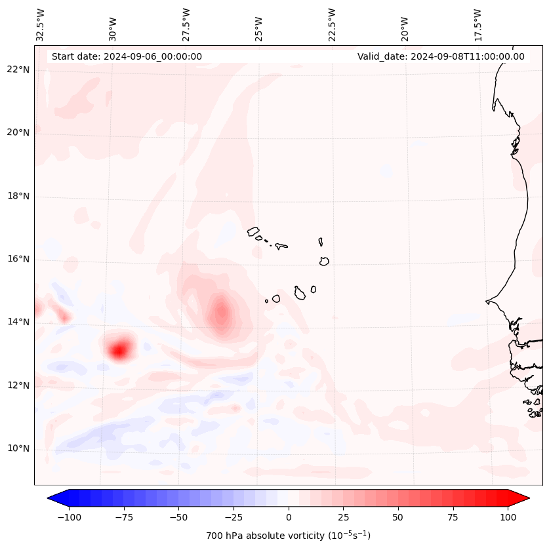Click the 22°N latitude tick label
(x=18, y=69)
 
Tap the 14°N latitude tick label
(x=18, y=322)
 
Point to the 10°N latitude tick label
(x=18, y=449)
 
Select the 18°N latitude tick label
(x=18, y=196)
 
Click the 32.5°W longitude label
(x=41, y=24)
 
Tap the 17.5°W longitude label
(x=478, y=24)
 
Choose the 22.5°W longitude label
(x=332, y=24)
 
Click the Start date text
(x=127, y=56)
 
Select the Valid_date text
(x=441, y=56)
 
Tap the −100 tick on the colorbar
(x=69, y=517)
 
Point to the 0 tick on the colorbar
(x=289, y=517)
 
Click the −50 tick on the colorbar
(x=178, y=517)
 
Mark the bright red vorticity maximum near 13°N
(x=119, y=349)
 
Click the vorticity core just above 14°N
(x=221, y=313)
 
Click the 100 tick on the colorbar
(x=508, y=517)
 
